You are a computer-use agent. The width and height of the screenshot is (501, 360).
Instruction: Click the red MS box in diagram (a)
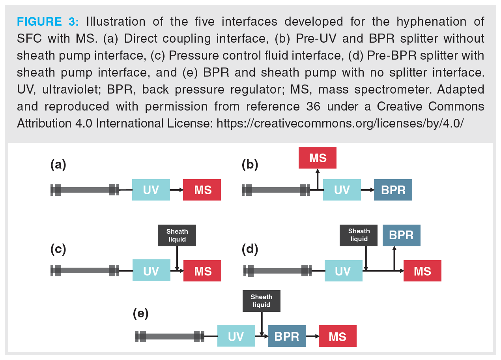pyautogui.click(x=202, y=190)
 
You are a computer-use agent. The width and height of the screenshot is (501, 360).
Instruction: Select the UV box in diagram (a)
pyautogui.click(x=151, y=190)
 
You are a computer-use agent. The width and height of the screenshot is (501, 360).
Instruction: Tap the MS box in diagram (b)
pyautogui.click(x=318, y=158)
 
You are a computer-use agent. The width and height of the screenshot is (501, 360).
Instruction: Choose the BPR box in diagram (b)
pyautogui.click(x=393, y=190)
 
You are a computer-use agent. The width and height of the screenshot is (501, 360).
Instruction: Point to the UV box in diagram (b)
pyautogui.click(x=342, y=190)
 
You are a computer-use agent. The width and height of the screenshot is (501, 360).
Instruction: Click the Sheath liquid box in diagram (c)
pyautogui.click(x=177, y=235)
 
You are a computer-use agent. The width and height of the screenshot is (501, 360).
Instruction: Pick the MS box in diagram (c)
pyautogui.click(x=202, y=271)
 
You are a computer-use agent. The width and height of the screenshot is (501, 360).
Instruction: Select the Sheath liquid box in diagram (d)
pyautogui.click(x=359, y=235)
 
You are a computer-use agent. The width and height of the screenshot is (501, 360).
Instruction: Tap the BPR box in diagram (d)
pyautogui.click(x=401, y=235)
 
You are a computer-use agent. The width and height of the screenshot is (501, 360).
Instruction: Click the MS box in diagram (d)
pyautogui.click(x=422, y=271)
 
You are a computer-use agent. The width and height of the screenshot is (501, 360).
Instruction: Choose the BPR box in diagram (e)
pyautogui.click(x=287, y=336)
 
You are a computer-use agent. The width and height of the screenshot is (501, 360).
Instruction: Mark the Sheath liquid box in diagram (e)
pyautogui.click(x=261, y=301)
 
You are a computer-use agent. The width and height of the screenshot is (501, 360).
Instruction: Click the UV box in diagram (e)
pyautogui.click(x=236, y=336)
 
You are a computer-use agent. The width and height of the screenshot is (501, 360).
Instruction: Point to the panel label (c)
pyautogui.click(x=58, y=249)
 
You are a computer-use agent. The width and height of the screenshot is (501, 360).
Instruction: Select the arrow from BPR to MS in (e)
pyautogui.click(x=312, y=336)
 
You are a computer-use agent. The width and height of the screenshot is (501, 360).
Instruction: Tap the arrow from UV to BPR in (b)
pyautogui.click(x=368, y=190)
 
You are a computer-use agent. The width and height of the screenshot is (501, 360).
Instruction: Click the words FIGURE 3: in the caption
pyautogui.click(x=48, y=21)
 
